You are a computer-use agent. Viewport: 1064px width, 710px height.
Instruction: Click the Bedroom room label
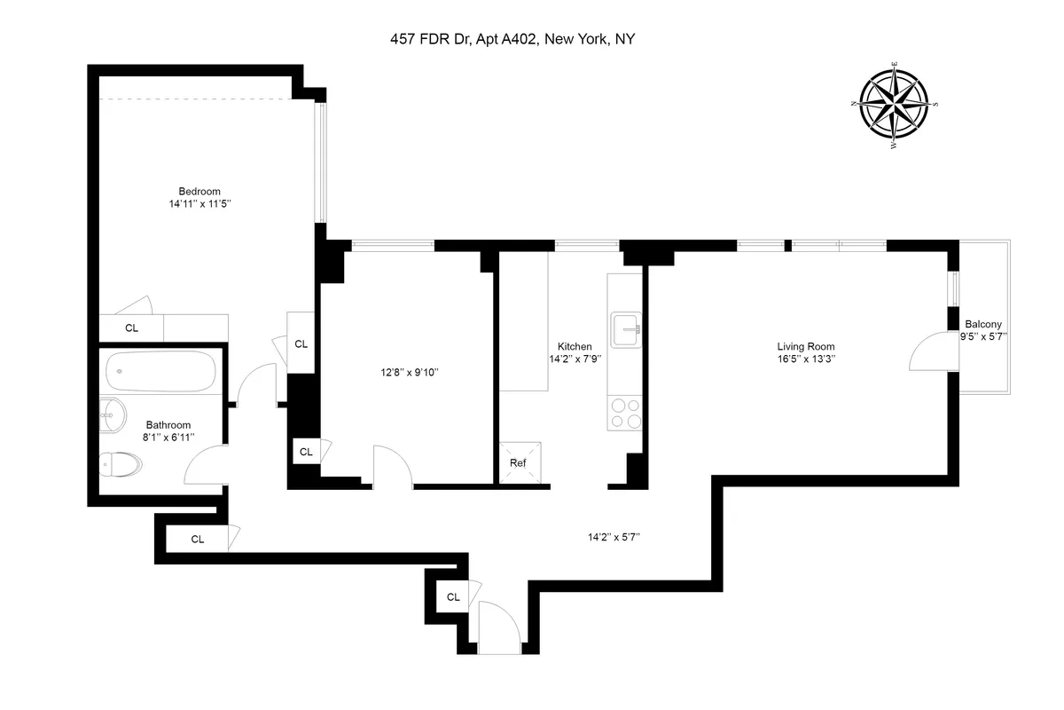click(x=199, y=191)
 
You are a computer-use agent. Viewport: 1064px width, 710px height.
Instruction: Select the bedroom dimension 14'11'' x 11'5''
click(x=199, y=204)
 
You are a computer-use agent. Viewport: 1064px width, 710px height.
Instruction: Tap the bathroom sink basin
click(x=113, y=414)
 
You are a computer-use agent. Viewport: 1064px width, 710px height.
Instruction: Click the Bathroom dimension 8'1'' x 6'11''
click(x=168, y=438)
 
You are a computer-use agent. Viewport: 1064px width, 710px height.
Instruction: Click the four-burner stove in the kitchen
click(x=624, y=413)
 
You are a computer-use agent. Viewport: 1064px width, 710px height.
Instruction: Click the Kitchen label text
click(x=575, y=346)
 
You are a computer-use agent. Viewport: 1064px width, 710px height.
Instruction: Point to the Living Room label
click(x=806, y=346)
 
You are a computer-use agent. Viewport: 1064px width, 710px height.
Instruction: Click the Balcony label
click(x=983, y=324)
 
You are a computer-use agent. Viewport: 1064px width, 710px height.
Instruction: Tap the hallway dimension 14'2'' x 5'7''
click(x=614, y=536)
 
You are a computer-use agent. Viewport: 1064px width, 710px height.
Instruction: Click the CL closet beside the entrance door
click(x=453, y=596)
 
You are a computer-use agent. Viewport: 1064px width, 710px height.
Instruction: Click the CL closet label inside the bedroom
click(x=131, y=328)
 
